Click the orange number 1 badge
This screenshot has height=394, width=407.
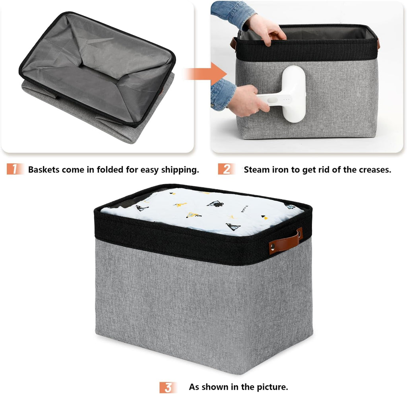tap(15, 169)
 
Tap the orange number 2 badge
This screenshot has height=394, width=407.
tap(226, 169)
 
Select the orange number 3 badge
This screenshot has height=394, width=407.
tap(168, 387)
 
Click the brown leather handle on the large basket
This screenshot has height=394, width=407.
tap(285, 241)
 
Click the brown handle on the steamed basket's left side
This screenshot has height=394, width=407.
tap(234, 43)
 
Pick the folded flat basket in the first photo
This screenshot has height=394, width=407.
tap(97, 76)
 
